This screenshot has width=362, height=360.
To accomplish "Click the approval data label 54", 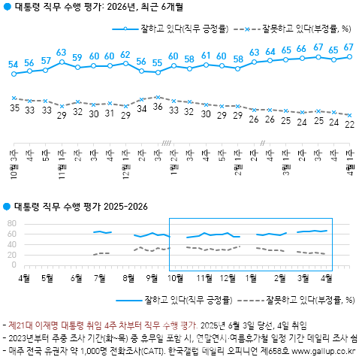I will (14, 65).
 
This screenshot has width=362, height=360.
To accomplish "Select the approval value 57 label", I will (46, 61).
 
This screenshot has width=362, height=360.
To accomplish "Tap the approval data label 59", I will (77, 58).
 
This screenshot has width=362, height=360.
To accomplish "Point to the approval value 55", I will (157, 63).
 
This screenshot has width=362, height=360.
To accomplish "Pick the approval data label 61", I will (206, 56).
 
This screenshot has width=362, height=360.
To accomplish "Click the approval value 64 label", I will (270, 51).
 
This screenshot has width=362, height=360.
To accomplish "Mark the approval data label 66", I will (301, 49).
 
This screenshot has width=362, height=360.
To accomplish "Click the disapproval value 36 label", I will (157, 107).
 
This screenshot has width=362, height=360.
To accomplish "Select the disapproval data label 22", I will (349, 125).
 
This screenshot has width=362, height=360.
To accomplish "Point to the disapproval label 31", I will (110, 113).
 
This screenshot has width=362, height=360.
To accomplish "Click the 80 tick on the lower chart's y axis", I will (11, 223).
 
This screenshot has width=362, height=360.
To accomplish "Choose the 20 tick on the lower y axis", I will (11, 256).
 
